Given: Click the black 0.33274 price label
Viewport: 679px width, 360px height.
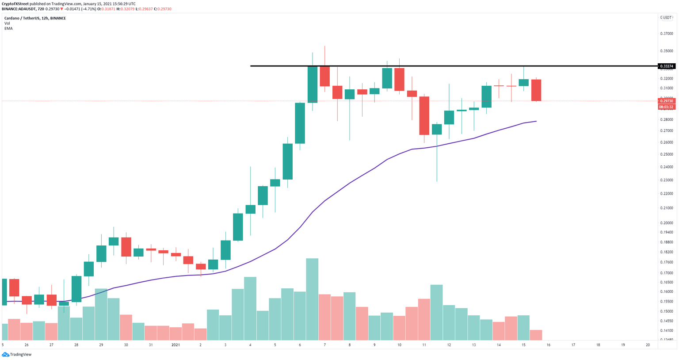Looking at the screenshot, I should click(x=666, y=66).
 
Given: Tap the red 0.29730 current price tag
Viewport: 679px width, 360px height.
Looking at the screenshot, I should click(x=666, y=101).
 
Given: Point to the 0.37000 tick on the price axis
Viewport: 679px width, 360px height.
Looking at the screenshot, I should click(x=667, y=34).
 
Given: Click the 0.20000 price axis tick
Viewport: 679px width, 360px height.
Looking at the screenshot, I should click(x=667, y=223).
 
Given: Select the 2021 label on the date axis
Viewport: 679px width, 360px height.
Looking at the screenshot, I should click(x=175, y=345).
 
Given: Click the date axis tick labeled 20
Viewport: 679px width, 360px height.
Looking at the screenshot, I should click(x=648, y=345).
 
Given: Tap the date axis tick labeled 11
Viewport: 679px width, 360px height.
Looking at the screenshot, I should click(x=424, y=345).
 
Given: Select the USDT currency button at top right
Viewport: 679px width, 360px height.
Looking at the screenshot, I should click(x=666, y=18).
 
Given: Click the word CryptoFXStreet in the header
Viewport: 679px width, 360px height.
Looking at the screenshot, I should click(x=16, y=4).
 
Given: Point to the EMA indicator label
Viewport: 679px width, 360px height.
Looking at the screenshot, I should click(x=8, y=28).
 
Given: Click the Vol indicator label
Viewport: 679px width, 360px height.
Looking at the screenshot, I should click(x=7, y=23).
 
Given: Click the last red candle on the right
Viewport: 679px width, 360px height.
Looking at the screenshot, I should click(x=536, y=90).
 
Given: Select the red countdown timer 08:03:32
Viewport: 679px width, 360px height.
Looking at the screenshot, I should click(x=666, y=107).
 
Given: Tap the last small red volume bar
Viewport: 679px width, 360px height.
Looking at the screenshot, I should click(x=536, y=335).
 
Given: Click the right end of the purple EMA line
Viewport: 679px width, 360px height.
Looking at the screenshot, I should click(x=536, y=121).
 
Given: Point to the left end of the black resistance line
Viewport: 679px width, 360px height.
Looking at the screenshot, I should click(x=251, y=66).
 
